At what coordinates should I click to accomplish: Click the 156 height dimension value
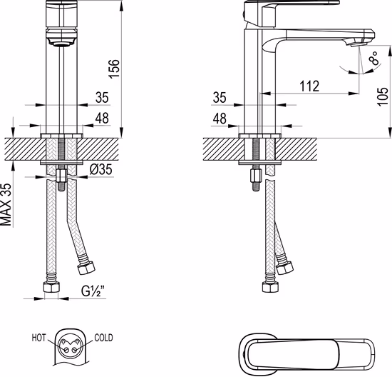(114, 69)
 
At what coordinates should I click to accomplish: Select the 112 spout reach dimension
(309, 86)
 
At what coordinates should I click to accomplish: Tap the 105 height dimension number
(383, 96)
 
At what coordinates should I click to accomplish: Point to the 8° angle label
(373, 58)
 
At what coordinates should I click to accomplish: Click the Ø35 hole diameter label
(101, 170)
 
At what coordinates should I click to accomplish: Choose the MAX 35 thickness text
(6, 205)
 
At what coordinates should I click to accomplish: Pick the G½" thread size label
(93, 291)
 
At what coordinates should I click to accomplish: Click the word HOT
(38, 338)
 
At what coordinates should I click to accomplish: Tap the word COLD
(103, 338)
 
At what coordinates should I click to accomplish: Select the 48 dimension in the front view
(102, 119)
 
